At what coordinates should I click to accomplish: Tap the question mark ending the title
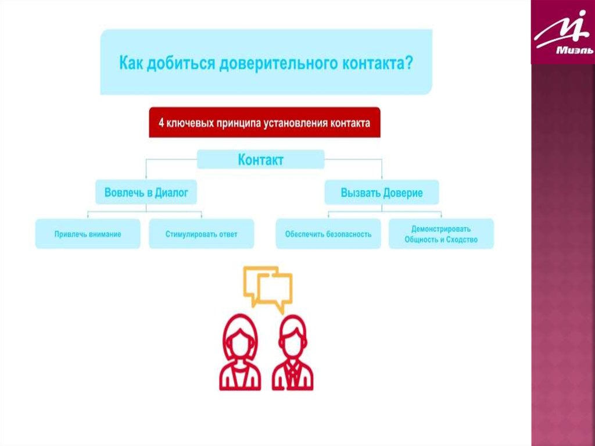click(410, 62)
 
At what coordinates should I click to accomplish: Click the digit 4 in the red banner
click(162, 123)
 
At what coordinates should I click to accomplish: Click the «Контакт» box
click(260, 159)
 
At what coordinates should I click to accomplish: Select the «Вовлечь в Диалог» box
click(146, 192)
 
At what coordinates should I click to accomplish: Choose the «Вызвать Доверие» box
click(381, 192)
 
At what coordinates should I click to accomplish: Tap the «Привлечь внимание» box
click(88, 234)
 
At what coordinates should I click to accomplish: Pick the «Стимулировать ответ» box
click(201, 234)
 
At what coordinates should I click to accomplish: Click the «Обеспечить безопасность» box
click(328, 234)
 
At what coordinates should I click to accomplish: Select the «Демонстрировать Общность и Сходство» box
click(441, 234)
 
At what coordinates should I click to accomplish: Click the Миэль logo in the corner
click(563, 33)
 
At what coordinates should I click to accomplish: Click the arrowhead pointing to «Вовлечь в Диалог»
click(146, 178)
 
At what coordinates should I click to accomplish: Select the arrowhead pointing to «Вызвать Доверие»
click(381, 178)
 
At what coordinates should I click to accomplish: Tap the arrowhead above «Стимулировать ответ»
click(201, 216)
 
